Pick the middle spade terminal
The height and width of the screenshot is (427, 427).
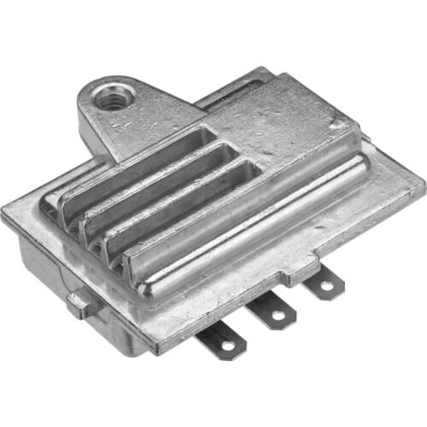tap(271, 312)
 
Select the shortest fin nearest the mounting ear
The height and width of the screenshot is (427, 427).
tap(137, 162)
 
